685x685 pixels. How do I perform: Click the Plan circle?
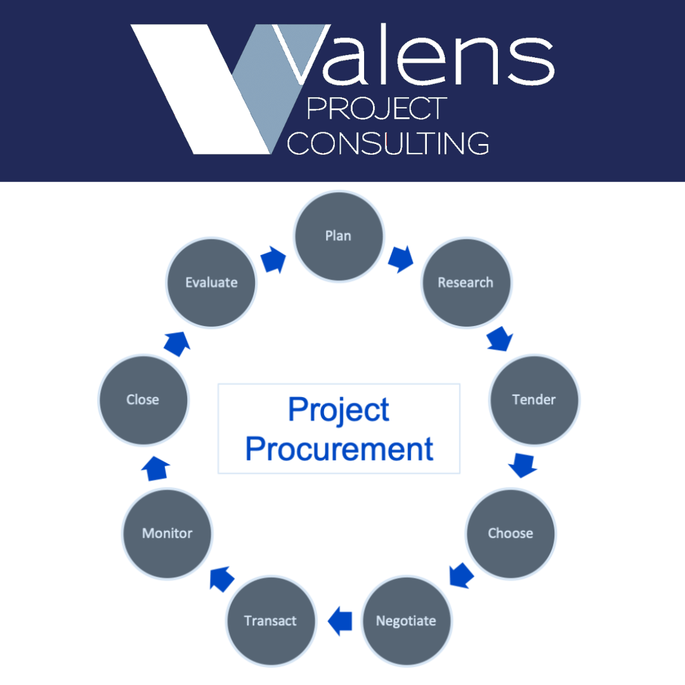pyautogui.click(x=339, y=236)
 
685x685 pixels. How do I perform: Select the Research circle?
pyautogui.click(x=466, y=283)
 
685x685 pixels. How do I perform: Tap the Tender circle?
pyautogui.click(x=533, y=400)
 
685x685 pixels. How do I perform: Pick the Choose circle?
pyautogui.click(x=510, y=533)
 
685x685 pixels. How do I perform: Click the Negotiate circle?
pyautogui.click(x=406, y=620)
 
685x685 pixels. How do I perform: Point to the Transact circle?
pyautogui.click(x=271, y=620)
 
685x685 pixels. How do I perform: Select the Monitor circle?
pyautogui.click(x=167, y=533)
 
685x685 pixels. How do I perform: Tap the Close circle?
pyautogui.click(x=143, y=400)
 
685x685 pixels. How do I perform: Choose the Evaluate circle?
pyautogui.click(x=211, y=283)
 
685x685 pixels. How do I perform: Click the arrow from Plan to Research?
pyautogui.click(x=401, y=259)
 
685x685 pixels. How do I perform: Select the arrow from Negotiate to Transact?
pyautogui.click(x=340, y=620)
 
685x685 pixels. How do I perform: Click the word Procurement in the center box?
pyautogui.click(x=339, y=449)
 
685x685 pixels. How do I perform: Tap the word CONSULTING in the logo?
pyautogui.click(x=388, y=143)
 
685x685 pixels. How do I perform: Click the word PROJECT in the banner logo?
pyautogui.click(x=377, y=108)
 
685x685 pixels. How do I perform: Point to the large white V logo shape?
pyautogui.click(x=190, y=89)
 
